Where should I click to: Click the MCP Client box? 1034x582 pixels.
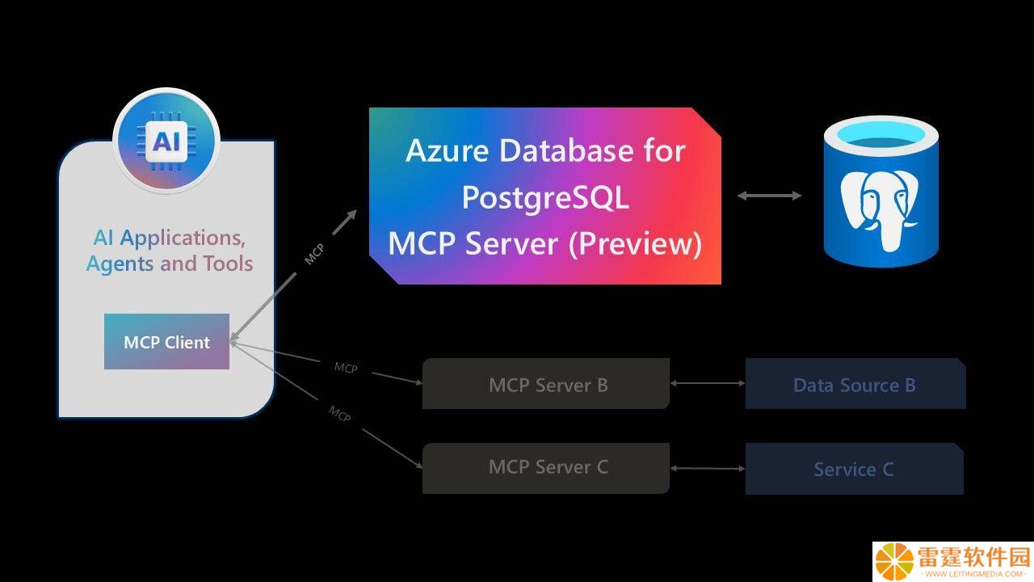pyautogui.click(x=166, y=341)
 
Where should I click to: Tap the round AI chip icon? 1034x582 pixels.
pyautogui.click(x=166, y=141)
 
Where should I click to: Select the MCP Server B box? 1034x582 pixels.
pyautogui.click(x=545, y=383)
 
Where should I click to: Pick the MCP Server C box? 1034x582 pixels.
pyautogui.click(x=545, y=468)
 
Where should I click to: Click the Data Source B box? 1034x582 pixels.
pyautogui.click(x=855, y=383)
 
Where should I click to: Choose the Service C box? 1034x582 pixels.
pyautogui.click(x=855, y=469)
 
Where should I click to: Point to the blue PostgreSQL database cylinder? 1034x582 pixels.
pyautogui.click(x=881, y=192)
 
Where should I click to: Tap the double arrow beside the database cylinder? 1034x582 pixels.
pyautogui.click(x=769, y=196)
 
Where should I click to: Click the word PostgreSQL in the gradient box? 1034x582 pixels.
pyautogui.click(x=545, y=197)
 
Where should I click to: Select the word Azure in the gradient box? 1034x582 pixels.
pyautogui.click(x=447, y=150)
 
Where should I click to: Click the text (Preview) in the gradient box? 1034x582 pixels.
pyautogui.click(x=635, y=243)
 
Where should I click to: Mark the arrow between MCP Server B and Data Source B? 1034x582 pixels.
pyautogui.click(x=707, y=383)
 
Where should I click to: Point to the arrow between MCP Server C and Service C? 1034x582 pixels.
pyautogui.click(x=707, y=468)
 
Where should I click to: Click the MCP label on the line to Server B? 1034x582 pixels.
pyautogui.click(x=346, y=368)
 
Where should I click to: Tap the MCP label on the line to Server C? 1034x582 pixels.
pyautogui.click(x=340, y=413)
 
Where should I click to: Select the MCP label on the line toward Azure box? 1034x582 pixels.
pyautogui.click(x=314, y=254)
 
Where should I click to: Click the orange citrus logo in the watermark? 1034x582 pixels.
pyautogui.click(x=894, y=561)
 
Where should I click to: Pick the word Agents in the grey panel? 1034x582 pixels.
pyautogui.click(x=120, y=264)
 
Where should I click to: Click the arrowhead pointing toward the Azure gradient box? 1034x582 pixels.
pyautogui.click(x=351, y=215)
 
